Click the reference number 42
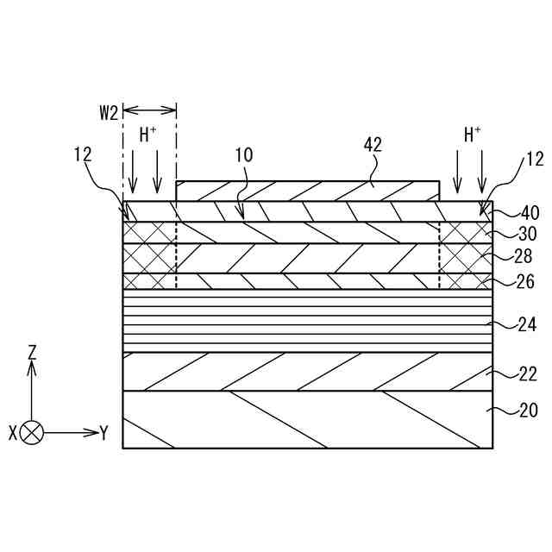373,145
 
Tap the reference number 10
243,155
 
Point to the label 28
524,257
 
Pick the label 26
524,281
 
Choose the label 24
525,324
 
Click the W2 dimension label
107,113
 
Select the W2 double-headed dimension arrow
149,109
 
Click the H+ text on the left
148,135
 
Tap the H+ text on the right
473,135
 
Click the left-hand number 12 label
83,155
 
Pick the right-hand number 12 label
535,159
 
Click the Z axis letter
32,352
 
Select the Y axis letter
103,433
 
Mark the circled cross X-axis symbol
32,433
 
